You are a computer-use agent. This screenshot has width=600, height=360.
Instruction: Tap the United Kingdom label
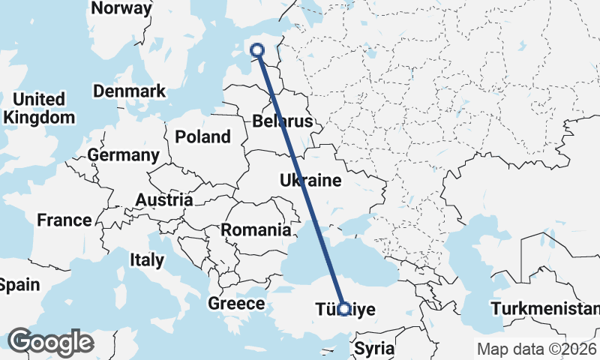point(39,109)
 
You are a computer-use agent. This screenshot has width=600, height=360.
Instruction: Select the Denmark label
point(129,91)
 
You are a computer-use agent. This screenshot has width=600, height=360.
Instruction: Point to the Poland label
point(202,136)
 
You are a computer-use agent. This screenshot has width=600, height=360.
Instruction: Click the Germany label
point(123,155)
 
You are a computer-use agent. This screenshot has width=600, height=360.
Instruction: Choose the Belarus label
point(281,121)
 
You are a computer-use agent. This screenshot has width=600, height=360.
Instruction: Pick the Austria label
point(164,200)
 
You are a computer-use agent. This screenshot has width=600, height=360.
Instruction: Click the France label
point(64,220)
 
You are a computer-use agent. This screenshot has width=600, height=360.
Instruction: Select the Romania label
point(256,229)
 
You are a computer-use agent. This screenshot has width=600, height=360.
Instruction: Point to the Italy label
point(147,260)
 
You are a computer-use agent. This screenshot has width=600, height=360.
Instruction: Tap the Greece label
point(236,304)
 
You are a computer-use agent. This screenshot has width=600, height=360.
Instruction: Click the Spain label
point(18,285)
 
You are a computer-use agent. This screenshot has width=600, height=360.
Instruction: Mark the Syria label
point(373,348)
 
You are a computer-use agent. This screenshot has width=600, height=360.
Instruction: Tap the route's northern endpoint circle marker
point(257,50)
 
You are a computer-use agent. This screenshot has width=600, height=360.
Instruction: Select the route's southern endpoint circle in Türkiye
point(343,308)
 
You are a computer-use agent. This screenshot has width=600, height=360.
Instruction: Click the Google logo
point(50,342)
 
